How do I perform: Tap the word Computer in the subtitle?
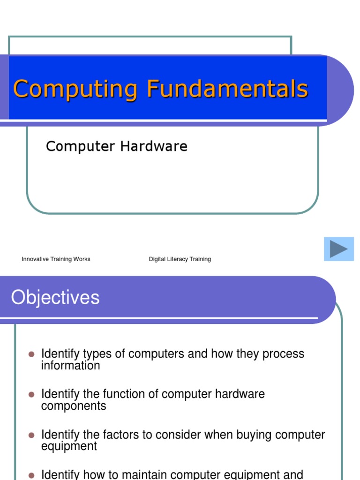(x=80, y=147)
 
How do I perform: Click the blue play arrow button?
(x=338, y=249)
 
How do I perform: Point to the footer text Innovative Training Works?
(x=56, y=259)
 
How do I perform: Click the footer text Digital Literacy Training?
(x=180, y=259)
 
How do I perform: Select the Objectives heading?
(x=55, y=298)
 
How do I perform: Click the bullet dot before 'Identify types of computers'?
(x=31, y=354)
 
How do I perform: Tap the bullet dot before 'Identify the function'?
(x=31, y=394)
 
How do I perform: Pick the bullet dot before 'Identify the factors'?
(x=31, y=435)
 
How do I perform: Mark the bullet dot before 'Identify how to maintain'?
(x=31, y=475)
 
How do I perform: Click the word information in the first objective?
(x=70, y=366)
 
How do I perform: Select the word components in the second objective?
(x=74, y=406)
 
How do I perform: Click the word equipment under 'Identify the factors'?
(x=69, y=446)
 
